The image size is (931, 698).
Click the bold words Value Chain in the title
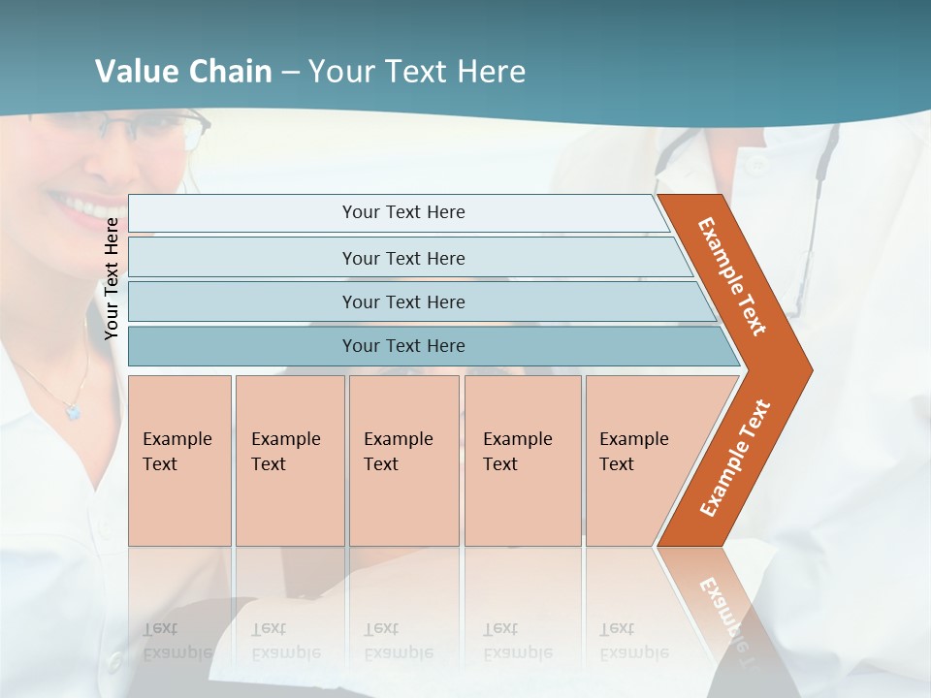click(183, 72)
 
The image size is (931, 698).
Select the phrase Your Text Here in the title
click(417, 72)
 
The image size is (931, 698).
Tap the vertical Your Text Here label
click(112, 279)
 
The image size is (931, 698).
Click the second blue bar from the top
click(403, 258)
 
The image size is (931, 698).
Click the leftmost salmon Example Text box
click(179, 460)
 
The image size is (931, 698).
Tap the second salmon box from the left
click(290, 460)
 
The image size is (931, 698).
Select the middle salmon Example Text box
click(403, 460)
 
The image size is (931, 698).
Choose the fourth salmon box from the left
click(523, 460)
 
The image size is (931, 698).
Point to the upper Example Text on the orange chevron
click(733, 276)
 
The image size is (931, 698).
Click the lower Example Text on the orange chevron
click(735, 459)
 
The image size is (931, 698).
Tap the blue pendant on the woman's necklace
click(73, 412)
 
